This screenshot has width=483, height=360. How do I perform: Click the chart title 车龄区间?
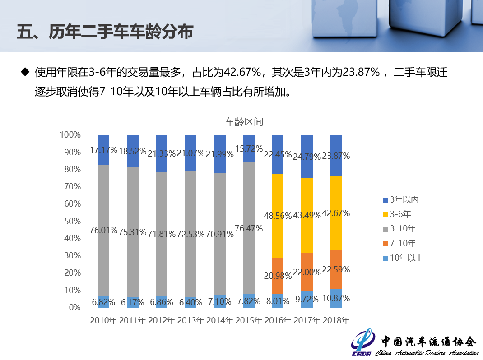pyautogui.click(x=244, y=122)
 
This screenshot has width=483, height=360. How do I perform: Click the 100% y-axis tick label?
pyautogui.click(x=70, y=135)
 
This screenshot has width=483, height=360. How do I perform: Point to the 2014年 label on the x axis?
pyautogui.click(x=220, y=321)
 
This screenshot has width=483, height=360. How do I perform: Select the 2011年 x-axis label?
pyautogui.click(x=133, y=321)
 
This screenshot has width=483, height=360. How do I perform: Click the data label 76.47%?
pyautogui.click(x=249, y=229)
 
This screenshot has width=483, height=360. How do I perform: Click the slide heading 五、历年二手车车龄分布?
pyautogui.click(x=105, y=32)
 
